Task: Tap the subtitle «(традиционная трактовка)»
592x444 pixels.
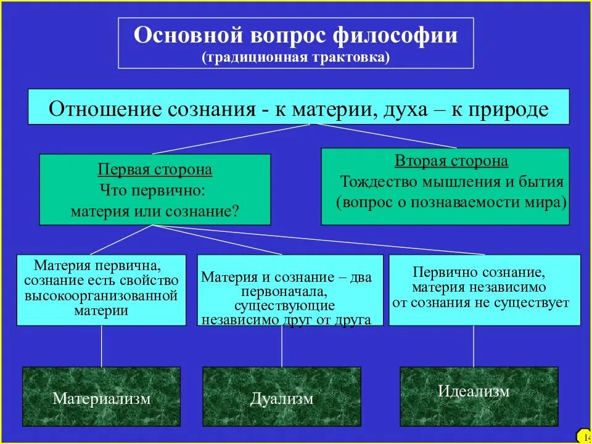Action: coord(295,57)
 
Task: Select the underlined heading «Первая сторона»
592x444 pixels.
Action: coord(155,170)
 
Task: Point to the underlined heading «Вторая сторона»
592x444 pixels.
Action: coord(451,162)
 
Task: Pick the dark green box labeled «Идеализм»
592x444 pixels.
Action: coord(474,392)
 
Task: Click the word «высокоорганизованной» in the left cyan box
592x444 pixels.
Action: coord(101,296)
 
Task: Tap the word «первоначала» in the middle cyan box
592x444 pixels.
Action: coord(285,291)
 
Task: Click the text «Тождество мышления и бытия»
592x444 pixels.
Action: coord(452,182)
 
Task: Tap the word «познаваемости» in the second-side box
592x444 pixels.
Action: coord(457,202)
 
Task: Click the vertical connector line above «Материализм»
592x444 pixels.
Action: coord(102,346)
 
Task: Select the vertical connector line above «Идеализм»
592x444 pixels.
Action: coord(474,346)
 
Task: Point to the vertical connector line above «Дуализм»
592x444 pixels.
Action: coord(282,346)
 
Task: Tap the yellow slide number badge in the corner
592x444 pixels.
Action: coord(584,437)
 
